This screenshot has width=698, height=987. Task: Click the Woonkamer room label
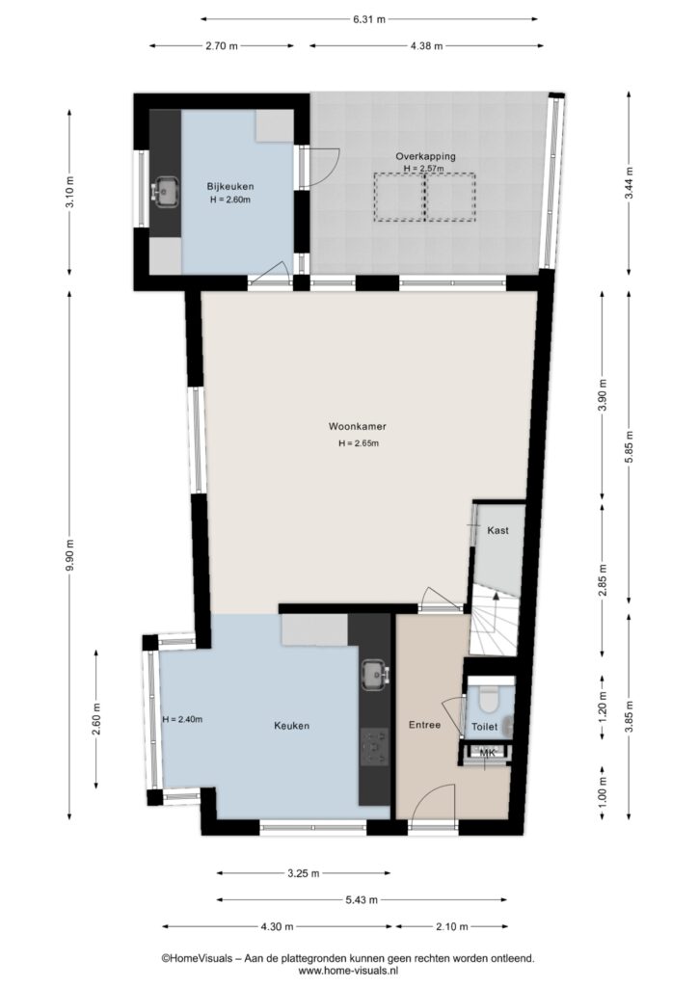click(357, 426)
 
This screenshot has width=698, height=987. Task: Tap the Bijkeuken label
click(230, 186)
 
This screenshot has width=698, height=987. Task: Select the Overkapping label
click(425, 156)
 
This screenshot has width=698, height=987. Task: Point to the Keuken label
click(291, 726)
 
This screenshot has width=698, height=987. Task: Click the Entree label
click(424, 725)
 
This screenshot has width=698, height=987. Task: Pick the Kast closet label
click(497, 530)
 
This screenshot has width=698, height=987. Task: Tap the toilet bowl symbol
click(489, 699)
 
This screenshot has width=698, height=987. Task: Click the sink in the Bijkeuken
click(166, 192)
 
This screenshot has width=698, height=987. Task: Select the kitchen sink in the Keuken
click(375, 675)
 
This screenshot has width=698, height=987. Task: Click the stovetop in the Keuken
click(375, 747)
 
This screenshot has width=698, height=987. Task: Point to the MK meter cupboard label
click(487, 752)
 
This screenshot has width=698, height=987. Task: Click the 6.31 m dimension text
click(369, 19)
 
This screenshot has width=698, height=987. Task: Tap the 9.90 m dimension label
click(72, 554)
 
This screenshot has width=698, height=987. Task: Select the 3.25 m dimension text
click(304, 873)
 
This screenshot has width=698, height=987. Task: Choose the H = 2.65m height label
click(358, 443)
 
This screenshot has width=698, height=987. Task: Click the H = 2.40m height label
click(182, 719)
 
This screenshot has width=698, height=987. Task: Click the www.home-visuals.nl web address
click(348, 971)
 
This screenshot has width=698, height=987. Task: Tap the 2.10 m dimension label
click(451, 926)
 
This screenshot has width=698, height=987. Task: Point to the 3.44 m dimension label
click(629, 185)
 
